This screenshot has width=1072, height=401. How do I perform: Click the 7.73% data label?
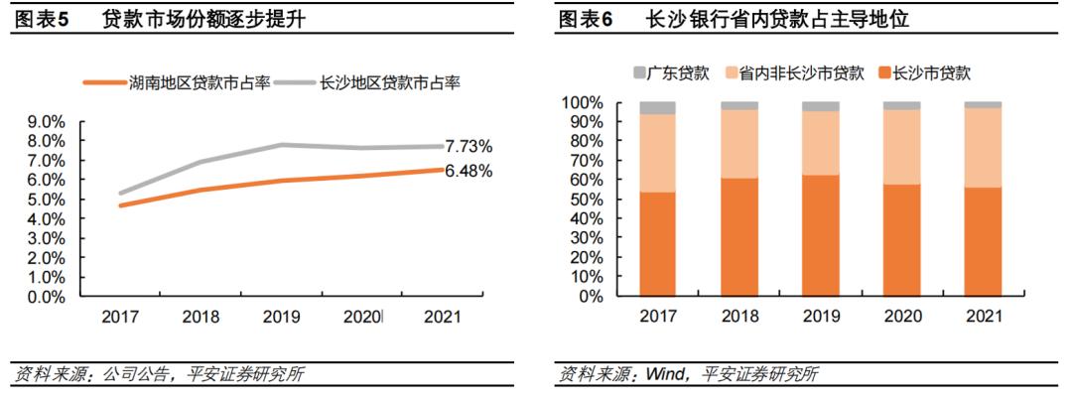coord(469,147)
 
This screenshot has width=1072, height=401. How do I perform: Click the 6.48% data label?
coord(469,171)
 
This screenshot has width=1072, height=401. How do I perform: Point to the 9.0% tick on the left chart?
coord(47,122)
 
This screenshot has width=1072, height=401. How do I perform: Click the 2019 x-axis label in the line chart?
coord(283,317)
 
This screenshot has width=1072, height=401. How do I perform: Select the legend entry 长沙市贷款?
coord(931,72)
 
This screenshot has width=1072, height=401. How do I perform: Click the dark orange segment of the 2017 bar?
coord(657,244)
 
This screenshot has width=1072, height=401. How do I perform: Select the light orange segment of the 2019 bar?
coord(821,143)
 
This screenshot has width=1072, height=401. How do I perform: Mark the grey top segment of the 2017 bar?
coord(657,107)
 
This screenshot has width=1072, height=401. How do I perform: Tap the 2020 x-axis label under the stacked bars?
coord(901,317)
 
